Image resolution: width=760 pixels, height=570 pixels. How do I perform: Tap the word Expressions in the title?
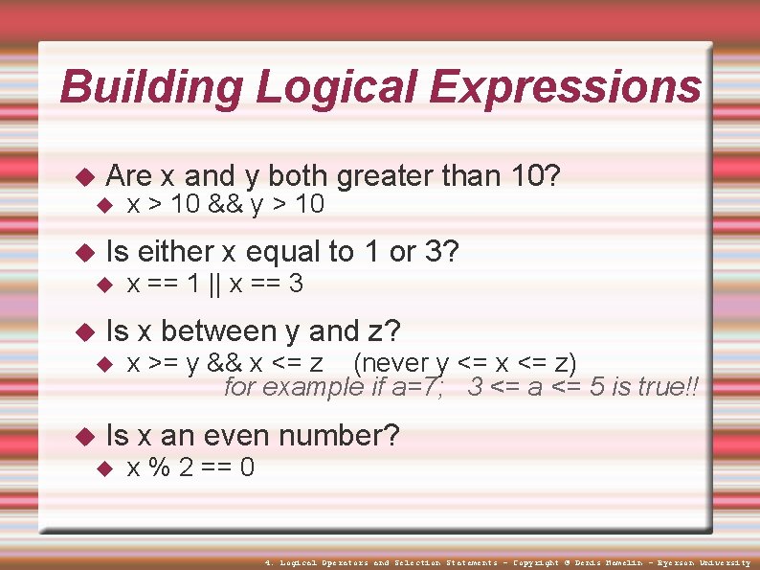pos(565,87)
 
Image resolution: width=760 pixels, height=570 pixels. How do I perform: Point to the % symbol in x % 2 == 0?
pos(171,468)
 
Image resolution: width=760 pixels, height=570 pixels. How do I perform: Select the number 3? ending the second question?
pos(441,252)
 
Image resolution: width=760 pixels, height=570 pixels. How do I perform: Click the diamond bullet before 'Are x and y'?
pos(83,177)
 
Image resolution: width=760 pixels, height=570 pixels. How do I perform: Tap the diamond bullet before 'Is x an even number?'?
pos(83,437)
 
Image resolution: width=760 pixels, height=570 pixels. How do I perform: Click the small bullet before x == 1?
pos(106,285)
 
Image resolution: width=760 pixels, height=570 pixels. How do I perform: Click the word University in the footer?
pos(721,562)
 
